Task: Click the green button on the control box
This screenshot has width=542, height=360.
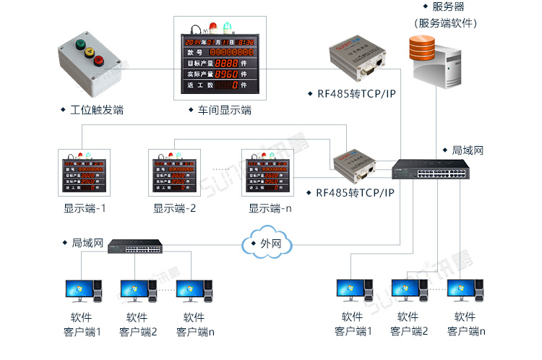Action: (x=80, y=44)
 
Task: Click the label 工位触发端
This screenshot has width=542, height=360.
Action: (x=96, y=110)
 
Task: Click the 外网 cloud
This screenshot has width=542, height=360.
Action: (x=266, y=244)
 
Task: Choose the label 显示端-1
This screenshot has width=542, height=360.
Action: (x=85, y=208)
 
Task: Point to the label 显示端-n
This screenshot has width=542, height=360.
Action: (x=270, y=208)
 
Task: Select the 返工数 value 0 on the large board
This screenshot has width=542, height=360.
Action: (x=235, y=85)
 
